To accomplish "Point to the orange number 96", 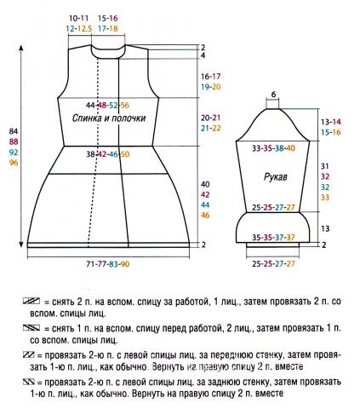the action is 13,163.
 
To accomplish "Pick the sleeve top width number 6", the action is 274,94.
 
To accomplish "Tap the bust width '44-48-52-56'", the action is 113,104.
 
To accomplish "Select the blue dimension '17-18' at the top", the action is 108,28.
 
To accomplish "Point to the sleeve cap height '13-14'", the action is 329,123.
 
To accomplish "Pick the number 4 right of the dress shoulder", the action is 204,55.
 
